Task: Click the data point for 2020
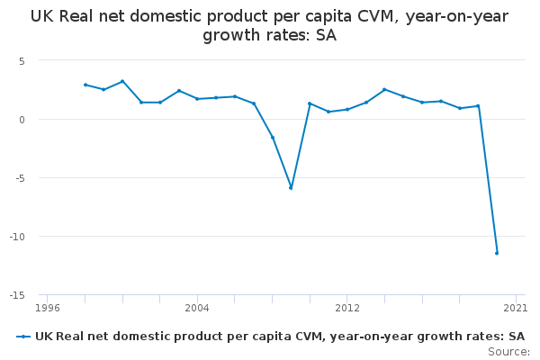point(497,253)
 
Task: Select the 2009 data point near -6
point(291,188)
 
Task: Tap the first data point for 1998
point(85,85)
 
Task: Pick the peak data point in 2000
point(122,81)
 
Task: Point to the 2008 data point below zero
point(273,138)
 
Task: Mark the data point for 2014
point(384,90)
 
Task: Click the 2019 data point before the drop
point(478,106)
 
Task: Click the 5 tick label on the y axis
point(22,61)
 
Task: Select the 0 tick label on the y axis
point(22,120)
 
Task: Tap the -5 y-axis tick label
point(19,178)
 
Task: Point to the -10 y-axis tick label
point(17,237)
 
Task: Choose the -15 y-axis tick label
point(17,295)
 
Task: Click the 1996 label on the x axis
point(48,308)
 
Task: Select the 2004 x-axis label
point(197,308)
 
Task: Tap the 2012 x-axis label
point(347,308)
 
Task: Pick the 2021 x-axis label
point(515,308)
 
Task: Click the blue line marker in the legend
point(23,337)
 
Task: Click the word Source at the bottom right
point(508,352)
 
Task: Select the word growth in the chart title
point(229,35)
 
